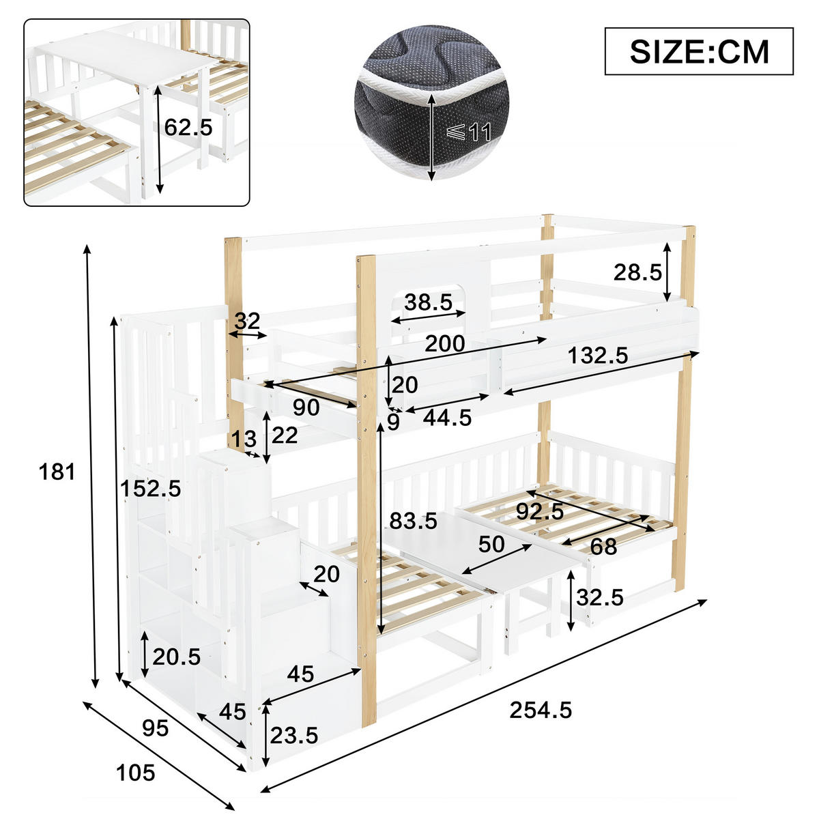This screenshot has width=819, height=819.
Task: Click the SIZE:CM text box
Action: pos(699,51)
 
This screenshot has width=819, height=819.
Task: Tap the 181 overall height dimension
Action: pos(57,472)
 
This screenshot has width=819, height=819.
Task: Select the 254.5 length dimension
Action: pos(541,710)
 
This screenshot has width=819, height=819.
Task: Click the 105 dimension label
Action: pos(136,773)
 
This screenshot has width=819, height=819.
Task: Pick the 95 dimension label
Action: pos(155,728)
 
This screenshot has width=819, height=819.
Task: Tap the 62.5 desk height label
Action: pos(189,127)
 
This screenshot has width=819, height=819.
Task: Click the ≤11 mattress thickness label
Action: pos(469,131)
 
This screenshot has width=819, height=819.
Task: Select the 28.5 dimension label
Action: pos(637,273)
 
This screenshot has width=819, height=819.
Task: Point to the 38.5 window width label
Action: pos(429,302)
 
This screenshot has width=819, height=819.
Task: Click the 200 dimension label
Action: pos(445,343)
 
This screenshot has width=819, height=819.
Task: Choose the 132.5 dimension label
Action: pos(598,355)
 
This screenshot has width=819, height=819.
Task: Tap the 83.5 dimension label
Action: pos(414,521)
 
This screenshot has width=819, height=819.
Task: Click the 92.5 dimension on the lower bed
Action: pos(539,511)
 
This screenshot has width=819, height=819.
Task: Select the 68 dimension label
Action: pos(603,546)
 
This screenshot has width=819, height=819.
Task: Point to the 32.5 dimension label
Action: pos(600,597)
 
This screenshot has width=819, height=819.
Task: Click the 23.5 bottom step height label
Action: pos(294,735)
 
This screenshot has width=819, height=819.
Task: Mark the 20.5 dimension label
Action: pos(176,657)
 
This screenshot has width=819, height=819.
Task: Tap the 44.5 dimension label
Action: pos(447,418)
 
